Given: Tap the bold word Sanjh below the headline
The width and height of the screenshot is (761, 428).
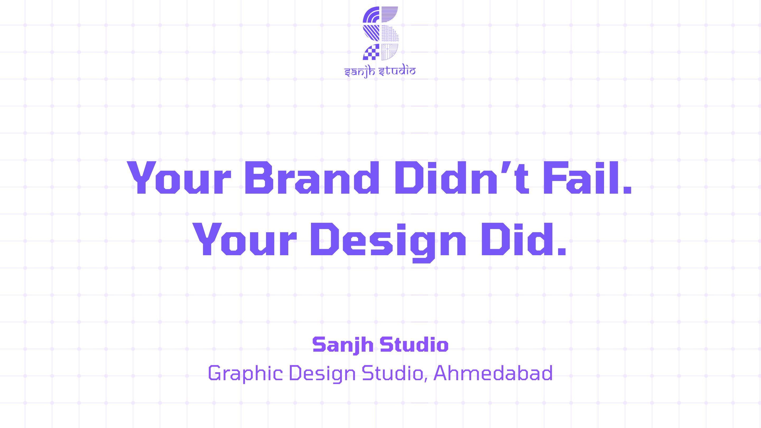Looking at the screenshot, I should click(x=343, y=345).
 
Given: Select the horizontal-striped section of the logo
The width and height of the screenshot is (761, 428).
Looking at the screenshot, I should click(x=389, y=14).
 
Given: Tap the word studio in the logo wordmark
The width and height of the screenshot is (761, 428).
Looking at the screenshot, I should click(x=397, y=71).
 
